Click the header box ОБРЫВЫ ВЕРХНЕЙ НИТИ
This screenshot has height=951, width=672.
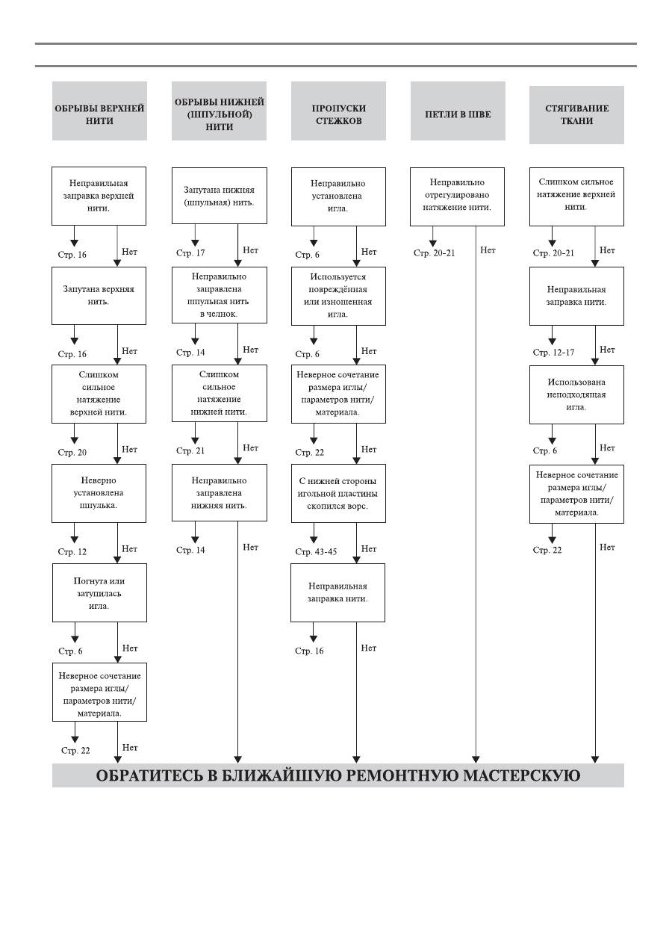(x=99, y=111)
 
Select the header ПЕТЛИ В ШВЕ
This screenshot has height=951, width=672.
(x=458, y=111)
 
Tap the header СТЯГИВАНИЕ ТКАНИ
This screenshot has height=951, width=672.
(x=576, y=114)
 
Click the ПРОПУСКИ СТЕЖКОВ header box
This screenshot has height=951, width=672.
(x=338, y=111)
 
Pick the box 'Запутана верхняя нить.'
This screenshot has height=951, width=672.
(x=99, y=296)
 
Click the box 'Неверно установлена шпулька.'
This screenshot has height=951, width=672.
(x=99, y=493)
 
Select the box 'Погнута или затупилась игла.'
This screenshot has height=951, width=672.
(x=100, y=592)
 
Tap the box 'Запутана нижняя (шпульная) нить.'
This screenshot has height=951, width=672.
(x=220, y=195)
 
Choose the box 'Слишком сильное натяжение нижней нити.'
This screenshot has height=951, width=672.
(x=220, y=393)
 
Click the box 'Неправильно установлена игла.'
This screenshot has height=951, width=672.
(x=338, y=196)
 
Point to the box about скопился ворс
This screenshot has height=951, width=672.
(x=338, y=493)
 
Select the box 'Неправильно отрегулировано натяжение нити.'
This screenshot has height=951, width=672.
(x=457, y=196)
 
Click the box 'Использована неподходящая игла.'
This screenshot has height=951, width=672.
(x=576, y=394)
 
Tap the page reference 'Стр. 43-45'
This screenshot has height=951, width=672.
(x=316, y=552)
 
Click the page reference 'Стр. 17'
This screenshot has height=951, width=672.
(x=190, y=253)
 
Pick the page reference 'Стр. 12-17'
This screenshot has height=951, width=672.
(x=553, y=353)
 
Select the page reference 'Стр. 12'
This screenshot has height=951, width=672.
(x=72, y=552)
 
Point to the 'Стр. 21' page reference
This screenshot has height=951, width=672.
(x=190, y=451)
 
